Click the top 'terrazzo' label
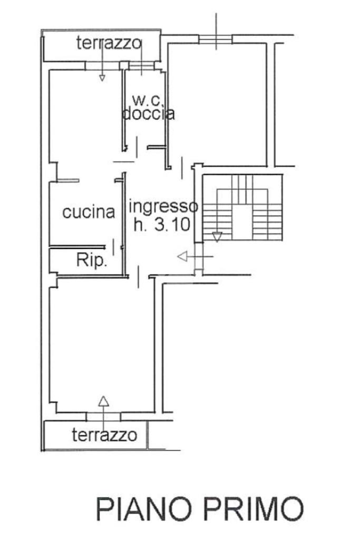coord(109,43)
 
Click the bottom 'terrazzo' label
coord(104,436)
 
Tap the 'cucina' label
coord(89,212)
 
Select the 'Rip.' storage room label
coord(92,260)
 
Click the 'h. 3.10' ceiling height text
coord(161,225)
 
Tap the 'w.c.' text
coord(143,99)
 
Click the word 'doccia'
coord(148,113)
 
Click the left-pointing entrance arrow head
coord(182,257)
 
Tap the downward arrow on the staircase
coord(217,236)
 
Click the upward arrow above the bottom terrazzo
coord(104,401)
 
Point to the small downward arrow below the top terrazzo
coord(102,78)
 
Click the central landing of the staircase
coord(243,221)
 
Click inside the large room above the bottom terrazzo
coord(103,343)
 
